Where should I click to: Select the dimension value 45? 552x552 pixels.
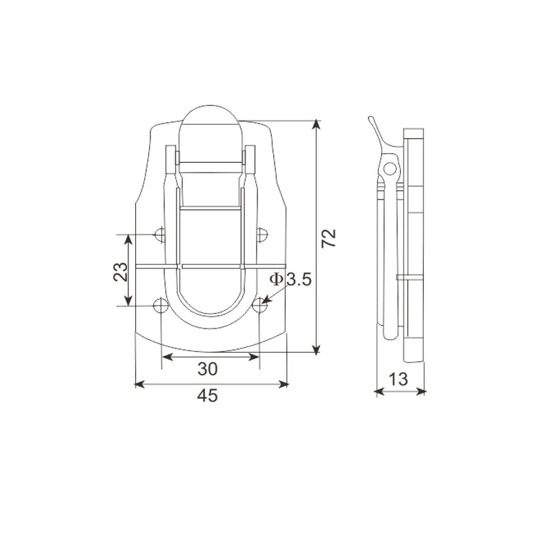coord(208,395)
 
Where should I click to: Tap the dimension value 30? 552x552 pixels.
coord(208,369)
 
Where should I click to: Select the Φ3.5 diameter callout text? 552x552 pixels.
coord(290,279)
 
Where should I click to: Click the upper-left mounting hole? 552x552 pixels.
coord(159,235)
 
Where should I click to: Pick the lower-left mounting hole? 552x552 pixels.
coord(159,306)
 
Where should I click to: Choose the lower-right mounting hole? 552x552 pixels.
coord(260,305)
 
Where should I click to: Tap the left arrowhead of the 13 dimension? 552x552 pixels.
coord(378,392)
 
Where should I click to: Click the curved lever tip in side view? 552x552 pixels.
coord(371,121)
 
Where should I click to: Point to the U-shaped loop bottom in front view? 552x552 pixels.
coord(212,319)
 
